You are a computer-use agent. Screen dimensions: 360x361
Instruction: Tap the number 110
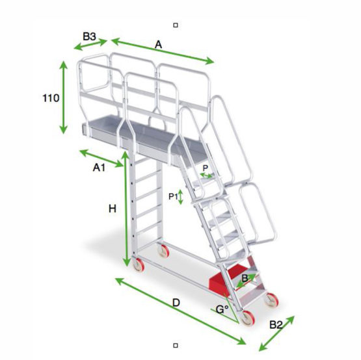tap(51, 98)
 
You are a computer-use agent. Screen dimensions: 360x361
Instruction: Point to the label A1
tap(99, 168)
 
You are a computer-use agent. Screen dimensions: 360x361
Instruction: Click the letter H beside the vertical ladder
tap(112, 209)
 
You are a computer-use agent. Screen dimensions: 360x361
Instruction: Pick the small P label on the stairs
tap(206, 168)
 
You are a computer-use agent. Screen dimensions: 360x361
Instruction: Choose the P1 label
tap(173, 196)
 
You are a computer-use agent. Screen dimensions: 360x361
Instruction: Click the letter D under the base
tap(176, 302)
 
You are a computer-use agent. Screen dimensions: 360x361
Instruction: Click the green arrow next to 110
tap(63, 97)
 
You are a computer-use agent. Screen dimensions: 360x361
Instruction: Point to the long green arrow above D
tap(180, 311)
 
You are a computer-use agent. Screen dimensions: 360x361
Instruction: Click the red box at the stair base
tap(222, 280)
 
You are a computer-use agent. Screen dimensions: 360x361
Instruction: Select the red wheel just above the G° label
tap(248, 318)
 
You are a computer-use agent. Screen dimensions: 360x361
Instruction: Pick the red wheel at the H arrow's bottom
tap(137, 263)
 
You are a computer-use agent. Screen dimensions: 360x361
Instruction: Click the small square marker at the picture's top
tap(176, 25)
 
